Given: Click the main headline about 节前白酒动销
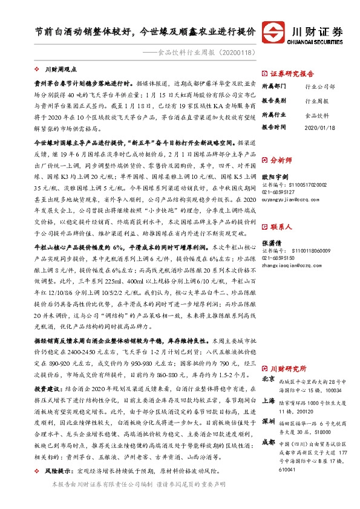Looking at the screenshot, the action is (144, 30).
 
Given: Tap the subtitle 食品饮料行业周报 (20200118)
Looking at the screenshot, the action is (198, 53).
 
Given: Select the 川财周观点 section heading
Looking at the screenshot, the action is (61, 71).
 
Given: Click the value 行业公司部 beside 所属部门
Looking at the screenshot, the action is (319, 86).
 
